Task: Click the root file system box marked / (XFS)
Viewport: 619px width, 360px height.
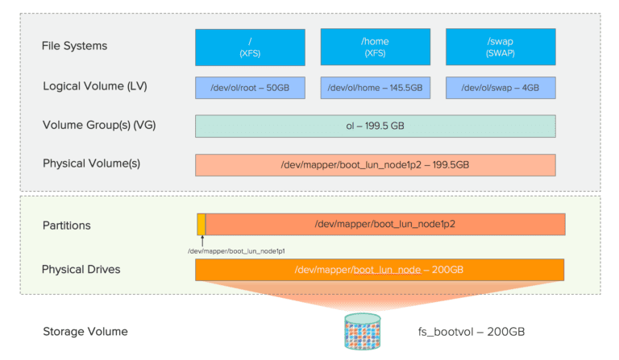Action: click(250, 48)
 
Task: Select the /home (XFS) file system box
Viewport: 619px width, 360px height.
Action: click(376, 47)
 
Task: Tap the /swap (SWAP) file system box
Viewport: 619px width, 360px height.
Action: click(501, 47)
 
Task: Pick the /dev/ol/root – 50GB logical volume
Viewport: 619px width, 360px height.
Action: click(250, 88)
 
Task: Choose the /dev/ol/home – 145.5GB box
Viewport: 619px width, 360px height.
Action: click(376, 88)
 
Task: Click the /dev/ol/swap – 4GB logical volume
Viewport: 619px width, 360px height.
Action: click(501, 88)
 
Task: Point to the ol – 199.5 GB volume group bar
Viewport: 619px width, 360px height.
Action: click(376, 126)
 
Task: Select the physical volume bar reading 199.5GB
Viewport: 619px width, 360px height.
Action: click(376, 165)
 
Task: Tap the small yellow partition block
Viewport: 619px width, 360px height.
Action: click(201, 225)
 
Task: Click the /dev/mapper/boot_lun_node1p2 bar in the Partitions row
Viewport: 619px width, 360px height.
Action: click(385, 225)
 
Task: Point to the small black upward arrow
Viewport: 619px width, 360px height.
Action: click(202, 241)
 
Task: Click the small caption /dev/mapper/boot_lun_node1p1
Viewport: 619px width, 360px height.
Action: click(236, 251)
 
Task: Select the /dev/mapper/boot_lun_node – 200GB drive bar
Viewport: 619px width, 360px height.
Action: click(380, 270)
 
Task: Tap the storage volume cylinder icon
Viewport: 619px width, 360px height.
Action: click(363, 332)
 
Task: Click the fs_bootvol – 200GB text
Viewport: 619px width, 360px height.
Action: click(472, 332)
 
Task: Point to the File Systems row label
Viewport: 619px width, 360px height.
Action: click(74, 46)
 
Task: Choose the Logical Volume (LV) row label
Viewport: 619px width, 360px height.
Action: click(95, 86)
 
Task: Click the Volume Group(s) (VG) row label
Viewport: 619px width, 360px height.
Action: click(99, 125)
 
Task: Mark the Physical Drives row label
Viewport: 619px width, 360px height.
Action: click(81, 269)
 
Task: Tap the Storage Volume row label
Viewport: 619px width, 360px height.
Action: click(85, 332)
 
